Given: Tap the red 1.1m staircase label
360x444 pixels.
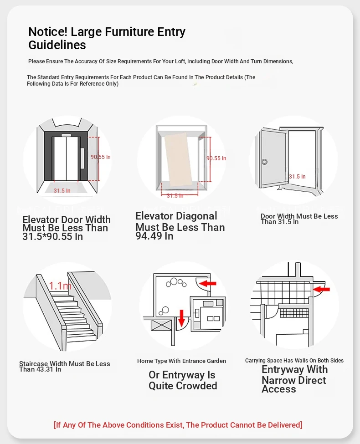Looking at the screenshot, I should (61, 286).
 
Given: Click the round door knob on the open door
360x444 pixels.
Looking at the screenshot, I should (264, 162).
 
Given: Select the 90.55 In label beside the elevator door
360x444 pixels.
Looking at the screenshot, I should (101, 157).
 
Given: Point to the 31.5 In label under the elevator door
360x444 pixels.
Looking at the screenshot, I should (62, 191).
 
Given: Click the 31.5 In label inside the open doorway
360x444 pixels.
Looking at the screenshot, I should (297, 177).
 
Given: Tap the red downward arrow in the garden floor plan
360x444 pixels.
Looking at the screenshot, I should (181, 317).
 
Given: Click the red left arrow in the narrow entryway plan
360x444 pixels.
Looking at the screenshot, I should (322, 289).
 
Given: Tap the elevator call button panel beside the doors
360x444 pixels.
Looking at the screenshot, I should (82, 158).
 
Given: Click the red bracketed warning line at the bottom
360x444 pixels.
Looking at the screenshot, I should (178, 425).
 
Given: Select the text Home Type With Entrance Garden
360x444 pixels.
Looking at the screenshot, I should (181, 361).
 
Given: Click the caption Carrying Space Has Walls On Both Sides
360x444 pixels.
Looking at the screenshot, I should (294, 361).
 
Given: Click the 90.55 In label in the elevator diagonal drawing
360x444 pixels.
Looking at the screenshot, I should (216, 158).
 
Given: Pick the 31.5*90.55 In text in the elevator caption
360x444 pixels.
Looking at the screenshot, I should (52, 237).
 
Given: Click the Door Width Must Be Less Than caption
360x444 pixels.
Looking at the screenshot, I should (299, 217).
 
